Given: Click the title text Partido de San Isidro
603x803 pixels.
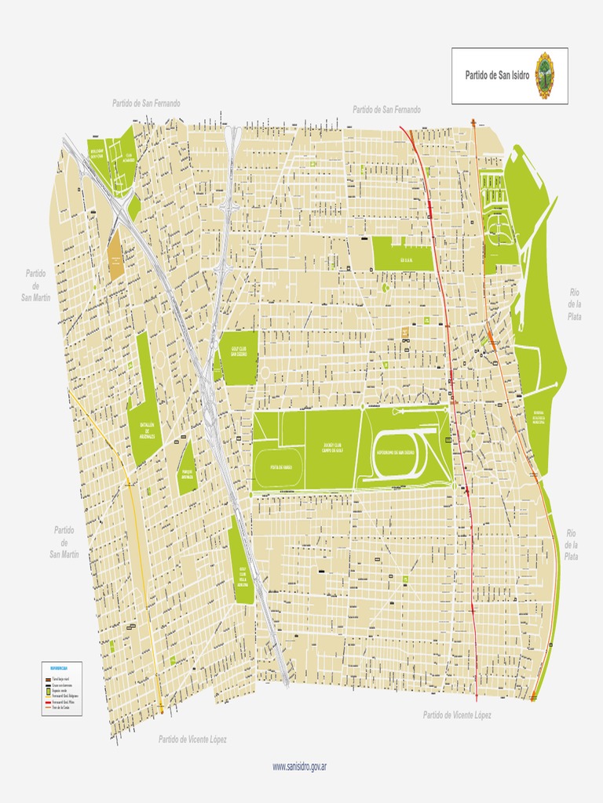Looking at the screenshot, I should (497, 76).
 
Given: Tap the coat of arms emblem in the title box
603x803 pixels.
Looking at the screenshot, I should (544, 76).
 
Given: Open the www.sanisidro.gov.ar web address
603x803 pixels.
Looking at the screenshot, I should (299, 766).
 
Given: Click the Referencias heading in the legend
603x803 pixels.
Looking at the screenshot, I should (59, 668).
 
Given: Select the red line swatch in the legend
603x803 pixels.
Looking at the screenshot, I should (48, 702).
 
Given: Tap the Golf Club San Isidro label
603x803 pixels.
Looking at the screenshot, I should (240, 348).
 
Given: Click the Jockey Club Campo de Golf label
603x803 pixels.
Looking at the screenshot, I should (333, 448).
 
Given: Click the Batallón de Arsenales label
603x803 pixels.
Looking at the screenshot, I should (148, 431).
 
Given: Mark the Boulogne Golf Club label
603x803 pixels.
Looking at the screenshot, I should (97, 154).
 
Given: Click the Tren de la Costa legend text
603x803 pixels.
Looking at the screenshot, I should (62, 708).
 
